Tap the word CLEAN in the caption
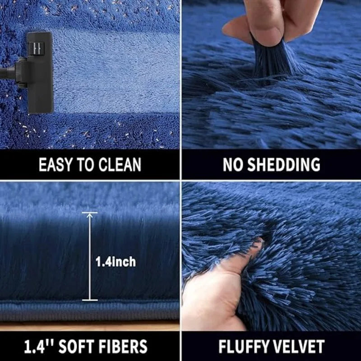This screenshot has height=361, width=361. point(120,165)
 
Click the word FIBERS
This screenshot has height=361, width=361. point(123,346)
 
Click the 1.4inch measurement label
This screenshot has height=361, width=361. point(116,262)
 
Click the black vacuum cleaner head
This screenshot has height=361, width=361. point(40,73)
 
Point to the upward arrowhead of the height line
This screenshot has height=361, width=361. point(89,215)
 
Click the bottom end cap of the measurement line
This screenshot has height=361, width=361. point(90,300)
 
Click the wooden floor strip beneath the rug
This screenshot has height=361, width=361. point(90,326)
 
